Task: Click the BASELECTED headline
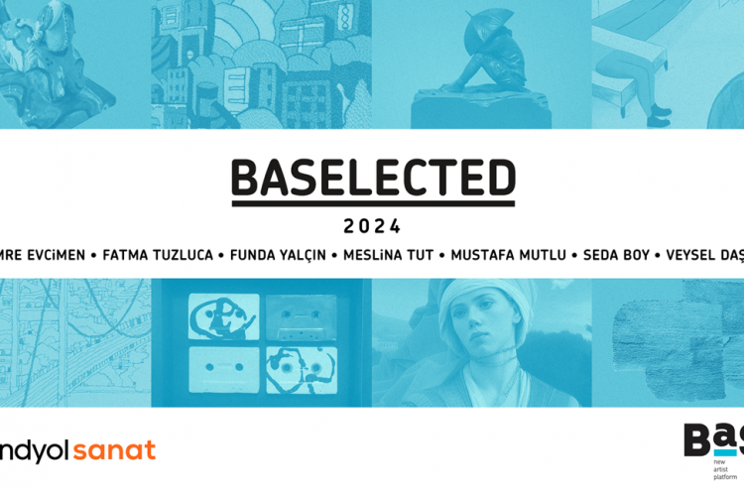pos(373,179)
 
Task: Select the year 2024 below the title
pos(373,225)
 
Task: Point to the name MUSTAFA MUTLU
pos(508,255)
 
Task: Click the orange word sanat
pos(116,451)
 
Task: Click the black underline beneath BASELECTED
pos(373,203)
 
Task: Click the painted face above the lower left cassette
pos(225,317)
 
